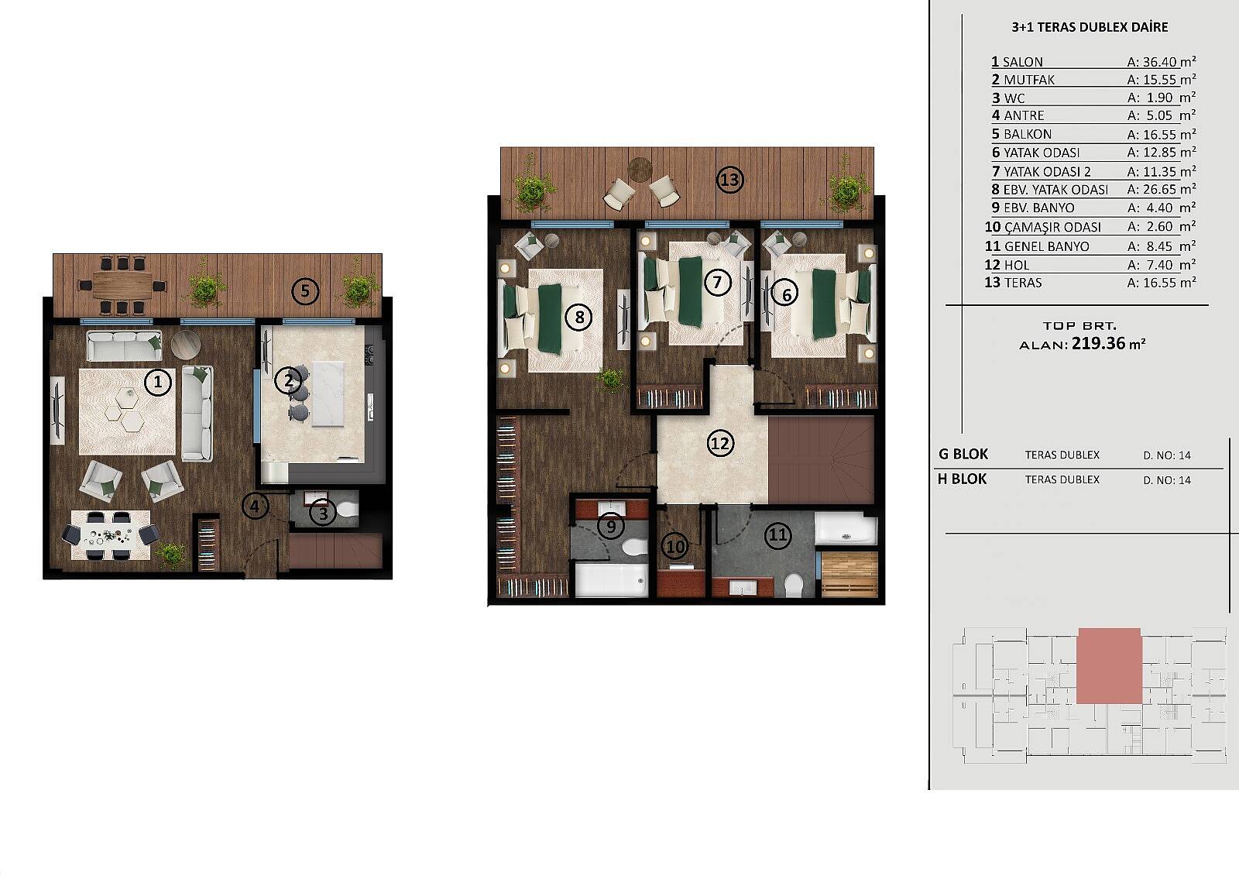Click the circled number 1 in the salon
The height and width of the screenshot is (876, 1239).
tap(158, 382)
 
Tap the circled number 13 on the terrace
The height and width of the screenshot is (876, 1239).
tap(729, 180)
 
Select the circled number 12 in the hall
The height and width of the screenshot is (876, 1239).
tap(720, 443)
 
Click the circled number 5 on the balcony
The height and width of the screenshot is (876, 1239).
tap(305, 291)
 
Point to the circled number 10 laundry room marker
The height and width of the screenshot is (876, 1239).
tap(675, 547)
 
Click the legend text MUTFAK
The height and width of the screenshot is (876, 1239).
tap(1029, 80)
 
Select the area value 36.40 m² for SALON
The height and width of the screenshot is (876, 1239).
tap(1162, 61)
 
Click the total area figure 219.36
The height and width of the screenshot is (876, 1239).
tap(1099, 343)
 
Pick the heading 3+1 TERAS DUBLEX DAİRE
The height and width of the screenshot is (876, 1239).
tap(1090, 27)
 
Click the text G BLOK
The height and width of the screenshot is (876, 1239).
tap(963, 455)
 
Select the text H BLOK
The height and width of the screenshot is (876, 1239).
tap(963, 479)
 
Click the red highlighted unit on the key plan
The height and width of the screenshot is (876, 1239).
tap(1109, 666)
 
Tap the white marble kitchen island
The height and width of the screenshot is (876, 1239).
tap(328, 393)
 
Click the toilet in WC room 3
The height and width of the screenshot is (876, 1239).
tap(348, 510)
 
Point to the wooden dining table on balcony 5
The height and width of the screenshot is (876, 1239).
tap(123, 284)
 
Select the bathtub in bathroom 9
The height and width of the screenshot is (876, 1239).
tap(611, 579)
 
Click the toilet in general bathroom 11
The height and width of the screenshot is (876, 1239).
tap(794, 585)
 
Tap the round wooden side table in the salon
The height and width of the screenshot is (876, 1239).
tap(185, 344)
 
